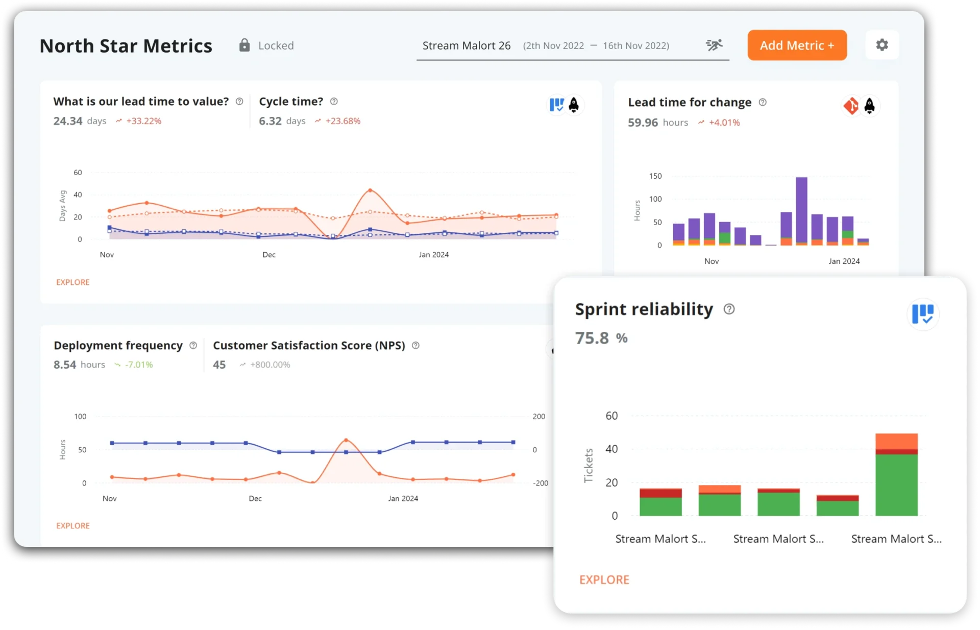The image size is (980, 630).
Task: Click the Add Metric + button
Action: pyautogui.click(x=797, y=45)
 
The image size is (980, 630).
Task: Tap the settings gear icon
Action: pyautogui.click(x=882, y=45)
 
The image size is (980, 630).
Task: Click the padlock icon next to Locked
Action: pyautogui.click(x=244, y=45)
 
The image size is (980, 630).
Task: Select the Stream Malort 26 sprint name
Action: pyautogui.click(x=466, y=45)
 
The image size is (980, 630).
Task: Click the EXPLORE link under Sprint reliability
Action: pyautogui.click(x=604, y=579)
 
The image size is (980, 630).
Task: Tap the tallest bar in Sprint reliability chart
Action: pyautogui.click(x=896, y=475)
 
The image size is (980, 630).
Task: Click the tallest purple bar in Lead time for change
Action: pyautogui.click(x=801, y=209)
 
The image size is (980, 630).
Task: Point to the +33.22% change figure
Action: pyautogui.click(x=143, y=121)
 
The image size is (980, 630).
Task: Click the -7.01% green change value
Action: pyautogui.click(x=139, y=365)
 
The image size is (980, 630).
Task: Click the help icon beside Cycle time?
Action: pyautogui.click(x=334, y=102)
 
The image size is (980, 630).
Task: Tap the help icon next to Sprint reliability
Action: pyautogui.click(x=729, y=309)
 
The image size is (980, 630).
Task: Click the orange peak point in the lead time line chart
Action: pyautogui.click(x=370, y=190)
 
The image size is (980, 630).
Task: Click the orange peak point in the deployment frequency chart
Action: pyautogui.click(x=346, y=440)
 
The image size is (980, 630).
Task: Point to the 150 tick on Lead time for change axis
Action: pyautogui.click(x=655, y=176)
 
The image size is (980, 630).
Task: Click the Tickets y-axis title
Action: pyautogui.click(x=589, y=465)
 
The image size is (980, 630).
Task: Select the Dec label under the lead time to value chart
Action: pyautogui.click(x=269, y=255)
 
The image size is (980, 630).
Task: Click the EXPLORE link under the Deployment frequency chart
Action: pyautogui.click(x=72, y=525)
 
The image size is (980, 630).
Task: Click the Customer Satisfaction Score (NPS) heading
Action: pyautogui.click(x=309, y=346)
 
